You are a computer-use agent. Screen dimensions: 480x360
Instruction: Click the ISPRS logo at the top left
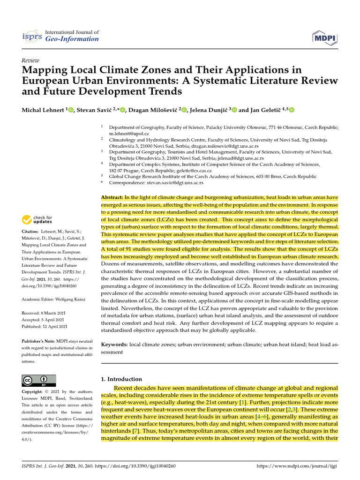pyautogui.click(x=32, y=36)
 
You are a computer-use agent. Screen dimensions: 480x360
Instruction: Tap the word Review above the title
pyautogui.click(x=31, y=60)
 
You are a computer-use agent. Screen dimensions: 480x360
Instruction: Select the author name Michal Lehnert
pyautogui.click(x=43, y=110)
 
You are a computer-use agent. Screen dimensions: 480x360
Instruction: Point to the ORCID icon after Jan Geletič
pyautogui.click(x=292, y=110)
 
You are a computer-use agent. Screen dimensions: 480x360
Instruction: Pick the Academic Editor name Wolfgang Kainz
pyautogui.click(x=71, y=299)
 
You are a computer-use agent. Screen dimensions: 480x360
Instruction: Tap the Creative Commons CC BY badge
pyautogui.click(x=39, y=380)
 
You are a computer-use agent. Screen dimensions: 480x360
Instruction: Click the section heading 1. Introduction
pyautogui.click(x=122, y=379)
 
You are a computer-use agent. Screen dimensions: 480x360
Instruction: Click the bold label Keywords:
pyautogui.click(x=114, y=345)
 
